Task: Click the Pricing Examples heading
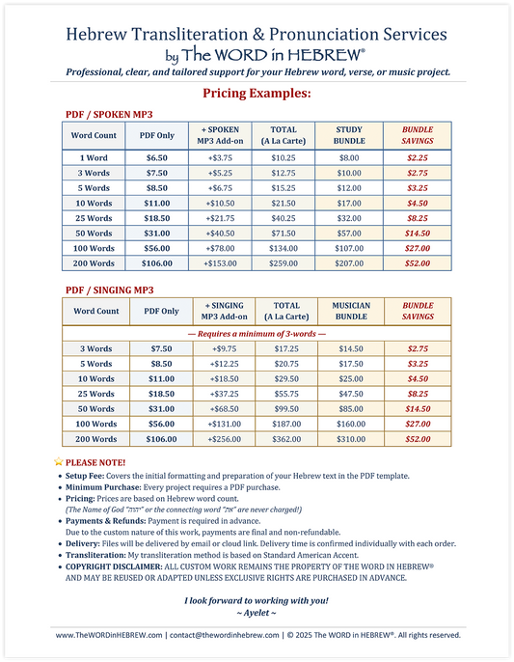pyautogui.click(x=257, y=94)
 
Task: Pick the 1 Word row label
pyautogui.click(x=94, y=156)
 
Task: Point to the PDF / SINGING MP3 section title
pyautogui.click(x=109, y=290)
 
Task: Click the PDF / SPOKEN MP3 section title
pyautogui.click(x=107, y=113)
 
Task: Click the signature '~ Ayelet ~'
pyautogui.click(x=257, y=614)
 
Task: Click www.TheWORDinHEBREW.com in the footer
pyautogui.click(x=108, y=635)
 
